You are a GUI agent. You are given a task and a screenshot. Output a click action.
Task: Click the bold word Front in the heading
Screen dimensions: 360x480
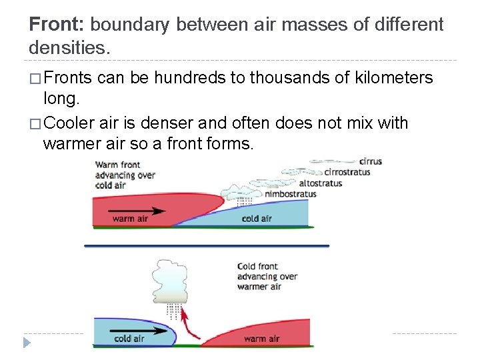pos(57,25)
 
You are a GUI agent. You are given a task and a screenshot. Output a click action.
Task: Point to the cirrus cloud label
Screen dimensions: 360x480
pos(370,161)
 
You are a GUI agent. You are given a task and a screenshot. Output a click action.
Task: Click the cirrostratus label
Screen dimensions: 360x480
pos(347,172)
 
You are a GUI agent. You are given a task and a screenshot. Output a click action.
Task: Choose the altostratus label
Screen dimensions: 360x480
pos(321,183)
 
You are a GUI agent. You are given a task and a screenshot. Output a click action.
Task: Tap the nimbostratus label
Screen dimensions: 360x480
pos(291,194)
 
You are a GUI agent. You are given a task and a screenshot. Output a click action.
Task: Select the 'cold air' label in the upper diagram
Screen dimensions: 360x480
pos(257,218)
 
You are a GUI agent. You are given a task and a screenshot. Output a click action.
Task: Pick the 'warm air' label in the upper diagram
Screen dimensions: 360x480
pos(129,219)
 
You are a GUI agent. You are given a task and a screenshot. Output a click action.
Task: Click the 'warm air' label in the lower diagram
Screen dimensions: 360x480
pos(261,339)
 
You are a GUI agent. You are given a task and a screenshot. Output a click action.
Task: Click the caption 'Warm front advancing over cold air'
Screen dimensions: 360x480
pos(125,175)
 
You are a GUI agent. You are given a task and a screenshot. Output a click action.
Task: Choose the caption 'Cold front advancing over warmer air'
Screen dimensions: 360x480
pos(267,277)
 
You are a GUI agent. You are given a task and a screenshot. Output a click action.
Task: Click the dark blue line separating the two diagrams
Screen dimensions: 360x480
pos(207,246)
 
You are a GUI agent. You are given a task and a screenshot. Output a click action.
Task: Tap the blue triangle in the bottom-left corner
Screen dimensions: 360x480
pos(27,343)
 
